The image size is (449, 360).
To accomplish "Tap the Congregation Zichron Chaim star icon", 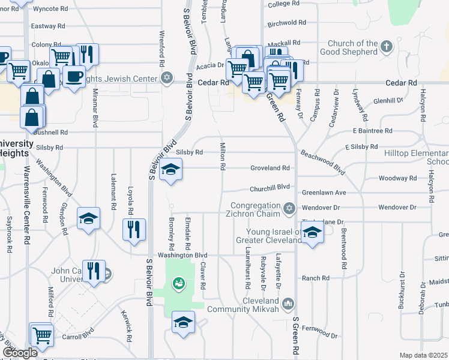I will tap(289, 209).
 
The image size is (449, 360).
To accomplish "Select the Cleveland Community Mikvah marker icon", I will tap(289, 304).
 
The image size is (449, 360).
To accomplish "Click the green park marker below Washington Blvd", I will tap(178, 282).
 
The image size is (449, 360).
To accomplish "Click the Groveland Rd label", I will tap(270, 169).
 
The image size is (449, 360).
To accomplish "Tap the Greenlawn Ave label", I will tap(324, 193).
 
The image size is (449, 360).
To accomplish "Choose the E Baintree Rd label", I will tap(372, 130).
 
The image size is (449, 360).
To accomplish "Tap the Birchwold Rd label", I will tap(287, 23).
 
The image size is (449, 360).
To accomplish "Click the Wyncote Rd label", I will tap(50, 9).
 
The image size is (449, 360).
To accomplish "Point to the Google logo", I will tap(20, 352).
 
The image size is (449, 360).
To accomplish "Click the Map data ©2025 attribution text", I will tap(423, 355).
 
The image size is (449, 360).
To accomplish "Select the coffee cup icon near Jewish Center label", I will tap(74, 77).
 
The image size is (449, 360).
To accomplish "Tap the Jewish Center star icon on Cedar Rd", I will tap(167, 78).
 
